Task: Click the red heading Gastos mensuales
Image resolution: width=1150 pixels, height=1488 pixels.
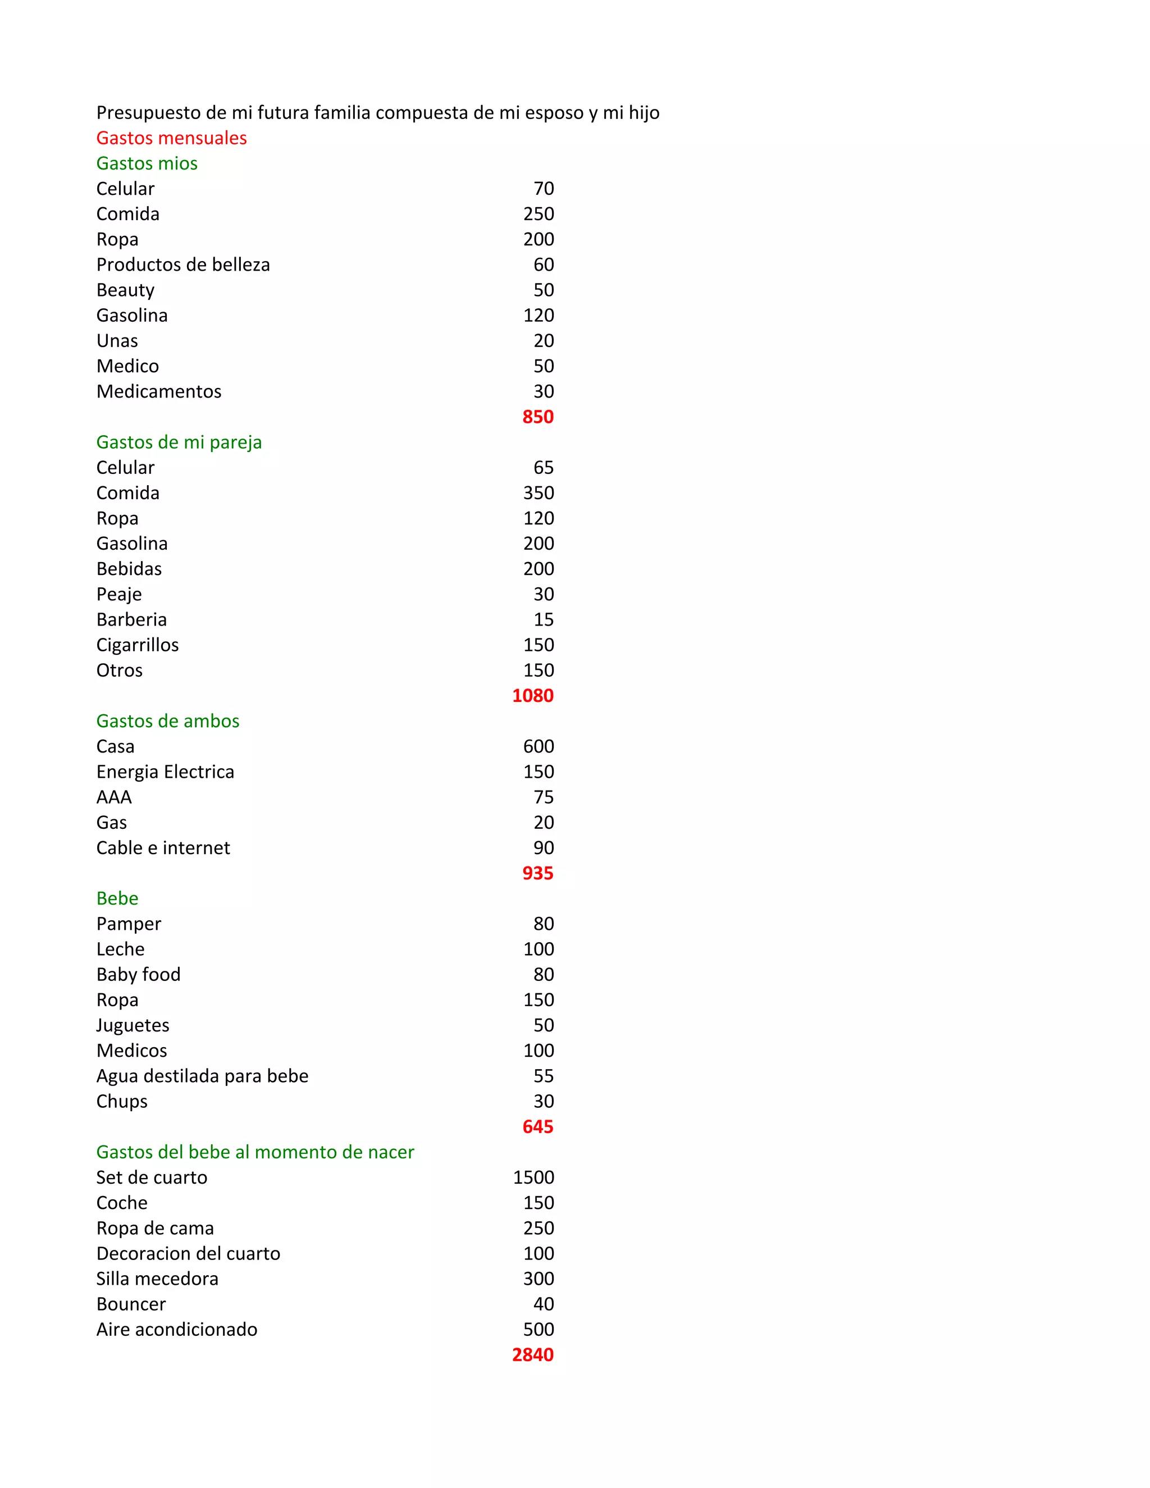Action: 171,138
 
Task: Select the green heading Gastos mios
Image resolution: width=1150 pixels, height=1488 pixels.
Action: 147,163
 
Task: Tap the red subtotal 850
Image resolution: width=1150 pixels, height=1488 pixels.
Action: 537,417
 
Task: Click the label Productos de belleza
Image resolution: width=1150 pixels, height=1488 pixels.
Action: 182,264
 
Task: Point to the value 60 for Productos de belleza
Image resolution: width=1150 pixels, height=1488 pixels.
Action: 543,264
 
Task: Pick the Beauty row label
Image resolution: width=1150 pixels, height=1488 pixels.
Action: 125,290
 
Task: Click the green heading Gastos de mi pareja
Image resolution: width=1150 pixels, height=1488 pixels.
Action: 179,442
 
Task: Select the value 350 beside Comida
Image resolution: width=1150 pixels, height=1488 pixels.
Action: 538,492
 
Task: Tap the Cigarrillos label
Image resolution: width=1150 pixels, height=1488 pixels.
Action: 137,645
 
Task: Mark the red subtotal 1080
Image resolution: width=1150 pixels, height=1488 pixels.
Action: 533,696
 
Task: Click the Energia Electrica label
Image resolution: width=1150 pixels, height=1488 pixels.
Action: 165,772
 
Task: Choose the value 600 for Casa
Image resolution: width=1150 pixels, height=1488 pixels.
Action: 538,746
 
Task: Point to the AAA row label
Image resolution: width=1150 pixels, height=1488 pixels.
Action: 114,797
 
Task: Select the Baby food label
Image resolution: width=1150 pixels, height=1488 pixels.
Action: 138,974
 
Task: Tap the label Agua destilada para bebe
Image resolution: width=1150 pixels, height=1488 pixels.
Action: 202,1076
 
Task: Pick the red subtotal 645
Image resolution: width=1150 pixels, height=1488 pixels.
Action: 537,1126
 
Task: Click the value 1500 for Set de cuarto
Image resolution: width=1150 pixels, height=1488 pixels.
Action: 533,1177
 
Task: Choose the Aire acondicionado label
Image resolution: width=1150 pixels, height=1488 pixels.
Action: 176,1329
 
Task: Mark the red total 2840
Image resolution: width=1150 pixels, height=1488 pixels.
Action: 533,1354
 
